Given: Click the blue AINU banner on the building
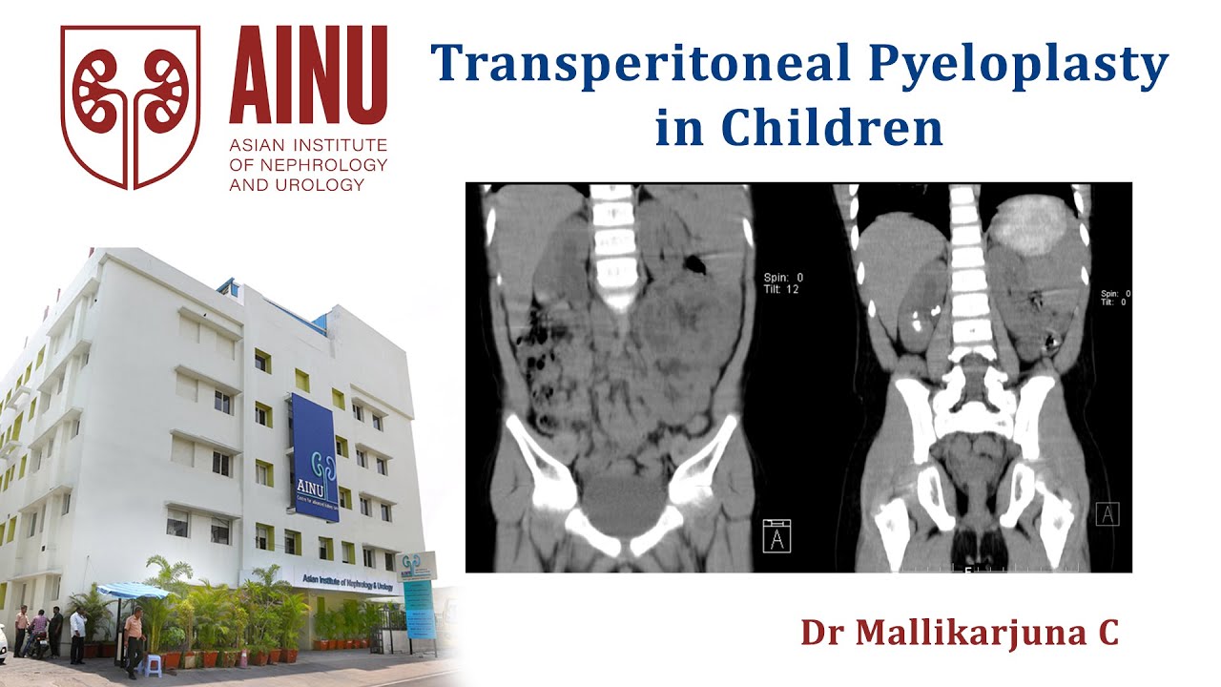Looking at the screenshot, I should [x=315, y=458].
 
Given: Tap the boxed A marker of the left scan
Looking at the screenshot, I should [x=776, y=535].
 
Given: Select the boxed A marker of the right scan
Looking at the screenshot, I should [x=1107, y=514].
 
